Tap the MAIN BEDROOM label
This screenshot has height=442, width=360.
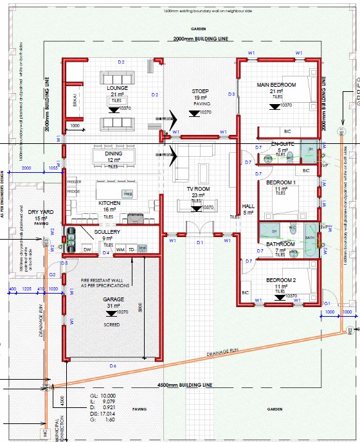[276, 85]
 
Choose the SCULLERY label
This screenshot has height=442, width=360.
[107, 231]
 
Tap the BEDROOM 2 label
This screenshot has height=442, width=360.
[280, 280]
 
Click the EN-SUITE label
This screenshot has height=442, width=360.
[283, 143]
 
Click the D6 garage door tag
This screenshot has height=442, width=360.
[113, 366]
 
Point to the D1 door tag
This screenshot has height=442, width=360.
[200, 242]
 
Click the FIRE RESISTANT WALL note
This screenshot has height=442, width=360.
[105, 281]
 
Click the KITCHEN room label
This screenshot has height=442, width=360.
[109, 203]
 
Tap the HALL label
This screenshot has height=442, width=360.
[248, 206]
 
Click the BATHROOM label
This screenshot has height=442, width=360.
[280, 244]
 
